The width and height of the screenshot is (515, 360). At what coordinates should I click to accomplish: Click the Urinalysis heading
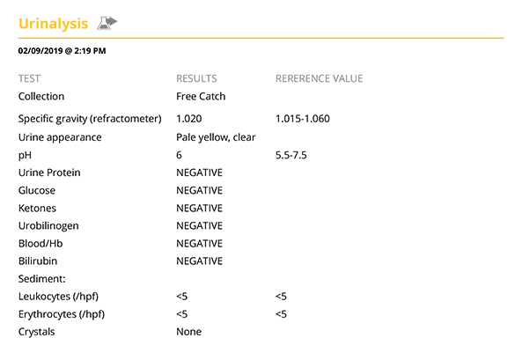point(53,24)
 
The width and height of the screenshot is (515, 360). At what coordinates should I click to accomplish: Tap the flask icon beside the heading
point(107,23)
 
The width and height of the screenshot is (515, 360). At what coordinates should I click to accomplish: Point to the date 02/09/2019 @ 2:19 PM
point(63,51)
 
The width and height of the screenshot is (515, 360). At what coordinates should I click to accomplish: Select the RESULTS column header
point(196,78)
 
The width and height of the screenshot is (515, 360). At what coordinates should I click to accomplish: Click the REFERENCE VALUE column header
point(319,78)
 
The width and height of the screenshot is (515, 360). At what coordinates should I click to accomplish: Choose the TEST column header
point(29,78)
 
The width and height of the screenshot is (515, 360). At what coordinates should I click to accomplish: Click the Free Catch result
point(201,96)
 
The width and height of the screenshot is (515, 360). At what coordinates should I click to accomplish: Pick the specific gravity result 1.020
point(189,119)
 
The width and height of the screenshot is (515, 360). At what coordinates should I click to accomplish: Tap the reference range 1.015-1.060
point(303,119)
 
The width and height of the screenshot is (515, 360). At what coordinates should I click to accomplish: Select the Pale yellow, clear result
point(216,137)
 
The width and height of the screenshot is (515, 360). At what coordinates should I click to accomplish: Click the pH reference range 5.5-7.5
point(291,155)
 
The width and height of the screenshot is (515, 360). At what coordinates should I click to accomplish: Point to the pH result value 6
point(179,155)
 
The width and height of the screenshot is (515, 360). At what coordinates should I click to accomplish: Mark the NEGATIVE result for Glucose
point(199,190)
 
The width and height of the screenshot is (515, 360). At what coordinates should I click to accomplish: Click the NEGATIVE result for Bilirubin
point(199,261)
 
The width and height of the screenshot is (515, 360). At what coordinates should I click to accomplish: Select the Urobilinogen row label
point(48,226)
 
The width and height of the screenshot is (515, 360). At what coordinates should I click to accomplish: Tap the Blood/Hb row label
point(40,244)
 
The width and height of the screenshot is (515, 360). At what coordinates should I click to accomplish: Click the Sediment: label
point(41,279)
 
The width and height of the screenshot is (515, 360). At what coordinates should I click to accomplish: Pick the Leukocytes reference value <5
point(281,297)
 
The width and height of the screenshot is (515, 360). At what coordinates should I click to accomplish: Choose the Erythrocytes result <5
point(182,314)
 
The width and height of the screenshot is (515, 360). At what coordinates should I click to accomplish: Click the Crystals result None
point(189,332)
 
